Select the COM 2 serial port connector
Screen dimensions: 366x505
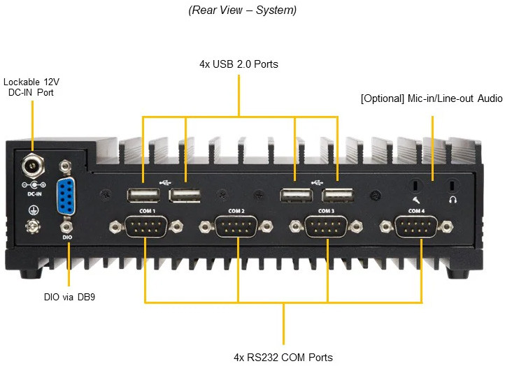click(236, 226)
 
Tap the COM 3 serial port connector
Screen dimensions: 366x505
click(327, 226)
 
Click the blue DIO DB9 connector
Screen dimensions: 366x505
click(66, 196)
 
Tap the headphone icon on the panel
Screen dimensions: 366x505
click(452, 200)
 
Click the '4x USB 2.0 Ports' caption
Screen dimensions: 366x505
click(239, 64)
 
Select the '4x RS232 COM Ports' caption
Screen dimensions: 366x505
click(283, 357)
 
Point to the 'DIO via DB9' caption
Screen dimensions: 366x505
click(69, 297)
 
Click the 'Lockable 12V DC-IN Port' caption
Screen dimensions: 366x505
click(31, 87)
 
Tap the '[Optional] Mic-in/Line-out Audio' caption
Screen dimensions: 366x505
click(432, 98)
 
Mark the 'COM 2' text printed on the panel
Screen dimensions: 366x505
click(236, 210)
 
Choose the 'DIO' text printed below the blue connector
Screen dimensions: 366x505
click(67, 237)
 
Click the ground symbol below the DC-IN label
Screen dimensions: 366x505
click(31, 209)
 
